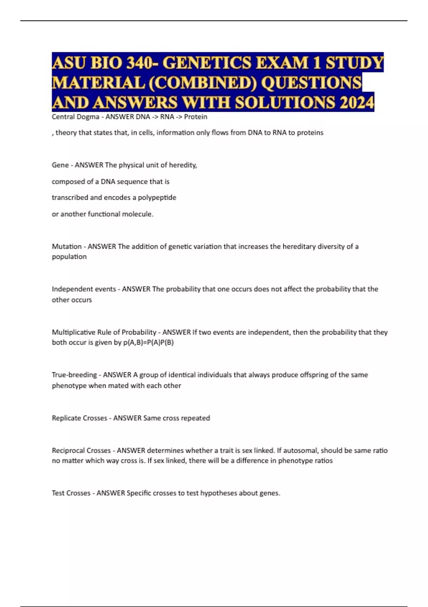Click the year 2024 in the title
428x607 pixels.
pyautogui.click(x=357, y=102)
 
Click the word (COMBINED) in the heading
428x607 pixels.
pyautogui.click(x=201, y=83)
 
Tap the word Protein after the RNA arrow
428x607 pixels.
pyautogui.click(x=195, y=117)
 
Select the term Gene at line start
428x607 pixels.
pyautogui.click(x=60, y=165)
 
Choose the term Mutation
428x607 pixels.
pyautogui.click(x=67, y=246)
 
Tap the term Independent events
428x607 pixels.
pyautogui.click(x=84, y=289)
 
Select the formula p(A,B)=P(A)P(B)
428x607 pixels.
pyautogui.click(x=148, y=342)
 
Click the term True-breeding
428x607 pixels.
pyautogui.click(x=74, y=375)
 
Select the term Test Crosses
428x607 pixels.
pyautogui.click(x=71, y=493)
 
